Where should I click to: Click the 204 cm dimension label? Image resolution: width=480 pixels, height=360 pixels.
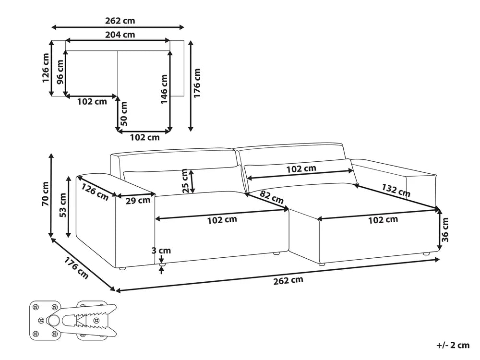120,35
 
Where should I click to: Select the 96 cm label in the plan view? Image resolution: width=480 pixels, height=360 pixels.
60,72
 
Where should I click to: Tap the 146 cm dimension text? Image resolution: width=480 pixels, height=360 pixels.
164,89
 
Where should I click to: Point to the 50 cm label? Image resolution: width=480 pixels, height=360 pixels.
124,114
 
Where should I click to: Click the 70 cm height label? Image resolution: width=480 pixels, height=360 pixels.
45,193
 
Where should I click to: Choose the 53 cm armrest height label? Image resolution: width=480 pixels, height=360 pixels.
62,205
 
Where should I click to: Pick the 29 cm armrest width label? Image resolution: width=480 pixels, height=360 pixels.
138,201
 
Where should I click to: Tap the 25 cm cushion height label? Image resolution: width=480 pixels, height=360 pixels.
185,180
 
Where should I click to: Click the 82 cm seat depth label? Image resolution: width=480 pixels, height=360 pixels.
272,197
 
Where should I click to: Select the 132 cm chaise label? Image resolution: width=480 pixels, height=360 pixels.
396,190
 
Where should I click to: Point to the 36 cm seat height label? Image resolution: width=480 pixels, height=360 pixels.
445,229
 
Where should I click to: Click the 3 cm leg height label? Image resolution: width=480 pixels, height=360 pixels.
161,251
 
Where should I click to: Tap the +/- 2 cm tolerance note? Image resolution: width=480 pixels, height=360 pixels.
453,345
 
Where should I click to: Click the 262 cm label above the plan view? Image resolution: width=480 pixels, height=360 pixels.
120,21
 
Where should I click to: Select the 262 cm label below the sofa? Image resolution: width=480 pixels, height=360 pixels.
288,280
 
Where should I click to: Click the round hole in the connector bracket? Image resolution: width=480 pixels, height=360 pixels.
54,321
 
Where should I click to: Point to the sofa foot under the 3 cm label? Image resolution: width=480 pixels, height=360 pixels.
161,264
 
